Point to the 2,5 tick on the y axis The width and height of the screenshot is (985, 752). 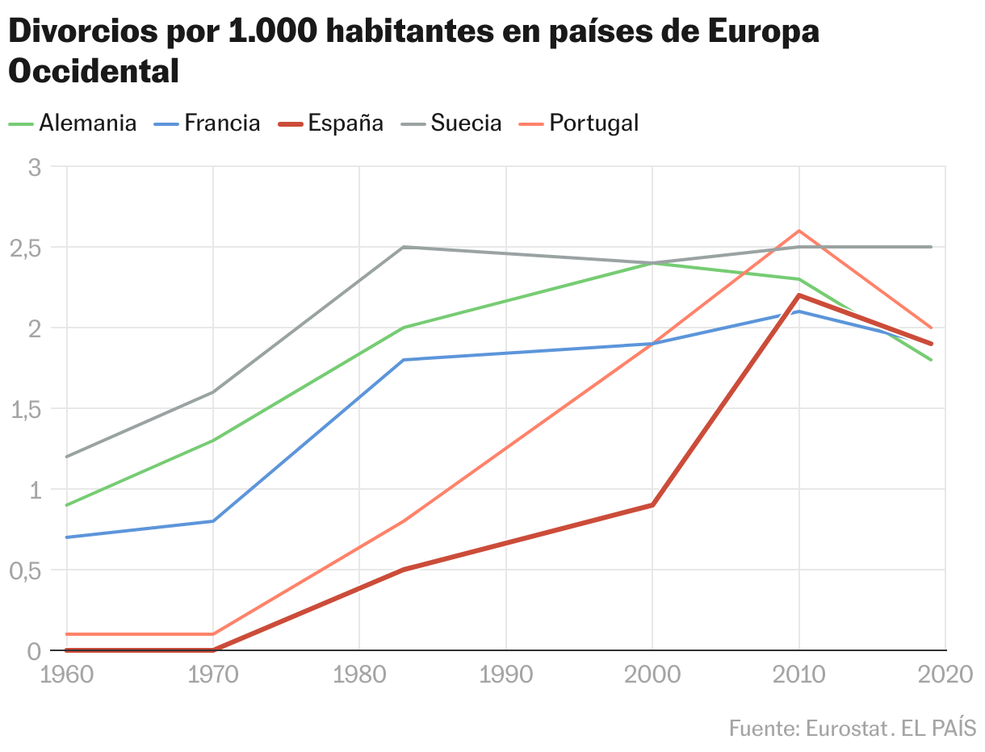pos(24,248)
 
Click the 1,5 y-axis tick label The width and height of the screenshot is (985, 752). pos(24,409)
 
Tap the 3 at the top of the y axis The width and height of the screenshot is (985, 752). pos(34,168)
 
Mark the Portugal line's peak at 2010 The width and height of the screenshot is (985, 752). pos(799,231)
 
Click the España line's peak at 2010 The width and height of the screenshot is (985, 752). pos(799,295)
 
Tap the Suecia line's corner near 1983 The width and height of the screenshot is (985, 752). pos(403,247)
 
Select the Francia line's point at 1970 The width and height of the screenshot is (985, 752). pos(213,521)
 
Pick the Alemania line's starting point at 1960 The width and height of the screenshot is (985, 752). pos(66,505)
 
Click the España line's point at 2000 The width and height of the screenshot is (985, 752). pos(652,505)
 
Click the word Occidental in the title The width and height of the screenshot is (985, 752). pos(94,71)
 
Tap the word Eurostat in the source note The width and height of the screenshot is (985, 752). pos(847,728)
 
